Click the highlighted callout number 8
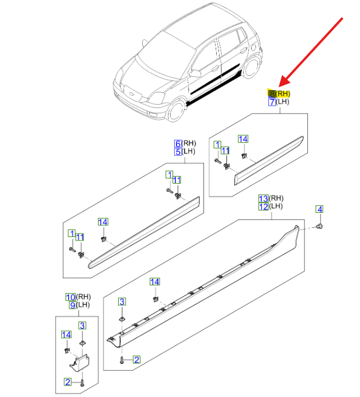(272, 93)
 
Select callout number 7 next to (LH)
(272, 102)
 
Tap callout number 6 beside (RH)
(178, 143)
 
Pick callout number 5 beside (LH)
(178, 152)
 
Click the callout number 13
(264, 197)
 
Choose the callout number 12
(264, 207)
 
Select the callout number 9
(73, 305)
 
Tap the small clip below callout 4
(321, 227)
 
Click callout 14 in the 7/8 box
(243, 139)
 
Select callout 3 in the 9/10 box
(82, 325)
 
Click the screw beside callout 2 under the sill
(123, 360)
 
